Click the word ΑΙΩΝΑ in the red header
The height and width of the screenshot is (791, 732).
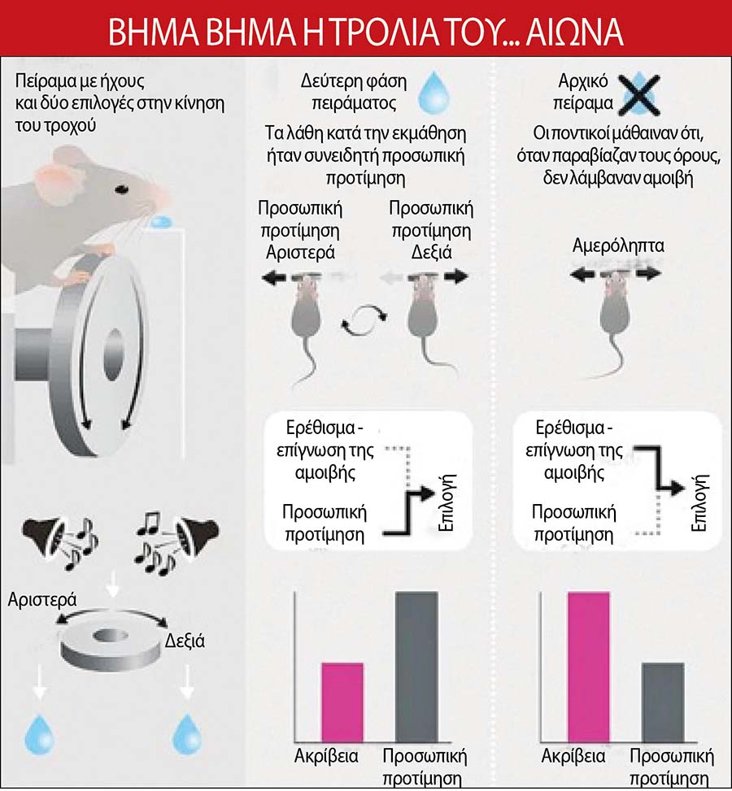click(x=574, y=33)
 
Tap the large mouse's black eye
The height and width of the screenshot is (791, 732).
click(x=121, y=189)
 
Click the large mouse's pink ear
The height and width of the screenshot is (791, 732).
click(x=54, y=178)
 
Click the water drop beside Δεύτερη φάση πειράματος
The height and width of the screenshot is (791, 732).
click(x=434, y=92)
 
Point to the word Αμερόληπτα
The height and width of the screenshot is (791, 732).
click(x=618, y=246)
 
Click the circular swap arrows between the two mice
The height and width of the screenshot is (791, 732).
click(x=364, y=319)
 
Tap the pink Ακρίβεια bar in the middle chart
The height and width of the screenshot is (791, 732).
click(x=342, y=702)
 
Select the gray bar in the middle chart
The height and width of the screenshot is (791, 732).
click(x=416, y=667)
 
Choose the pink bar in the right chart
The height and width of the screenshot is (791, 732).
click(x=589, y=667)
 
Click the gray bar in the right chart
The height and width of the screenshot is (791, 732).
click(x=663, y=702)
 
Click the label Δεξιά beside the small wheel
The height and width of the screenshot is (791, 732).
click(x=185, y=641)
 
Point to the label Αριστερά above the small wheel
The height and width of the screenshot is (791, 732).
click(x=42, y=599)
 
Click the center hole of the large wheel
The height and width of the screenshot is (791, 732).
click(x=114, y=354)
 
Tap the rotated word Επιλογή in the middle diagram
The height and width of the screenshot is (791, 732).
click(x=447, y=502)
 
